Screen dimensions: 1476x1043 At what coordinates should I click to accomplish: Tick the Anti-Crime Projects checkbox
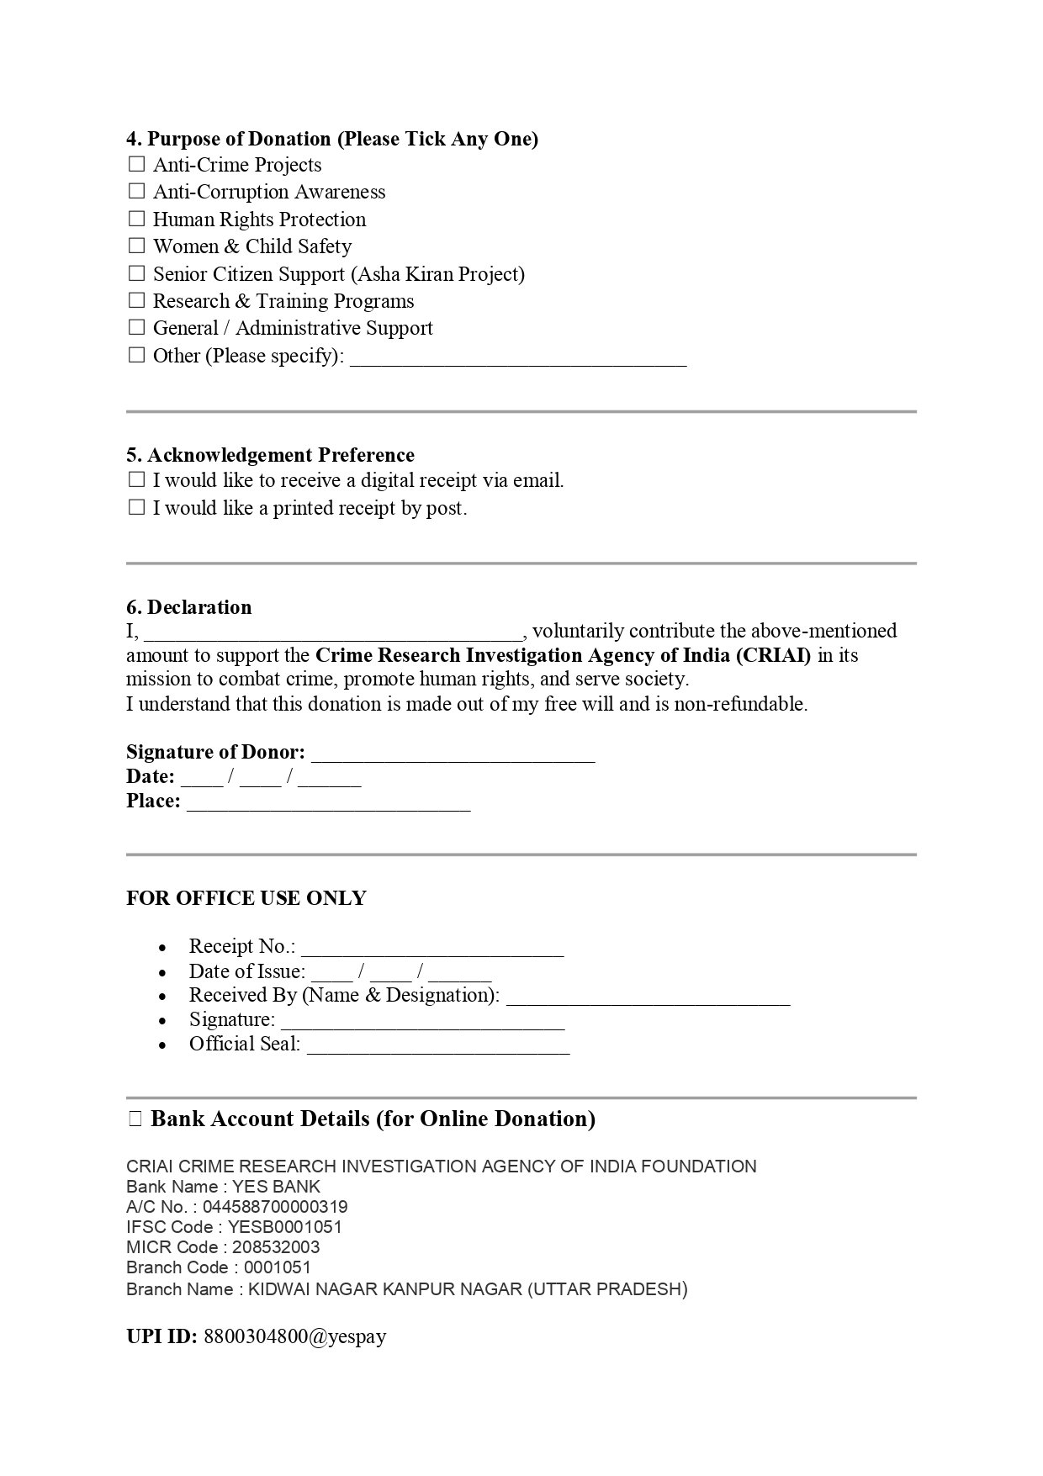[136, 164]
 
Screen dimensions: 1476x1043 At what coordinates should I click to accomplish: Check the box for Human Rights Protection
[136, 219]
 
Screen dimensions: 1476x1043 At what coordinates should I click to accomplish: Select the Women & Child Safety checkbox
[136, 246]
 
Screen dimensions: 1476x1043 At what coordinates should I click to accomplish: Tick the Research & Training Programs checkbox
[136, 300]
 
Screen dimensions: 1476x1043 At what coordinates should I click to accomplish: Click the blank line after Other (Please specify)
[517, 359]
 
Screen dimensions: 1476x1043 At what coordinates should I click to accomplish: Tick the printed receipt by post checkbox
[136, 507]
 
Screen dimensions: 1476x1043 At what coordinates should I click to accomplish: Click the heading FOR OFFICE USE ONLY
[246, 898]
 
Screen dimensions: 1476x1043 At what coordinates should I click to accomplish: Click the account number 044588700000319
[275, 1207]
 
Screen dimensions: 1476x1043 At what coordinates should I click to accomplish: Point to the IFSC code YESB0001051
[285, 1227]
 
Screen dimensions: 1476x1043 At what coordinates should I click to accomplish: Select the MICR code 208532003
[276, 1247]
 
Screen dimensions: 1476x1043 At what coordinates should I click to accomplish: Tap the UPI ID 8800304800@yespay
[294, 1336]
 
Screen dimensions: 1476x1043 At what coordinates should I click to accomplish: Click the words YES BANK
[276, 1187]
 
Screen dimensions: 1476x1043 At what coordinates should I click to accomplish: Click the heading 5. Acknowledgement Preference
[270, 455]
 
